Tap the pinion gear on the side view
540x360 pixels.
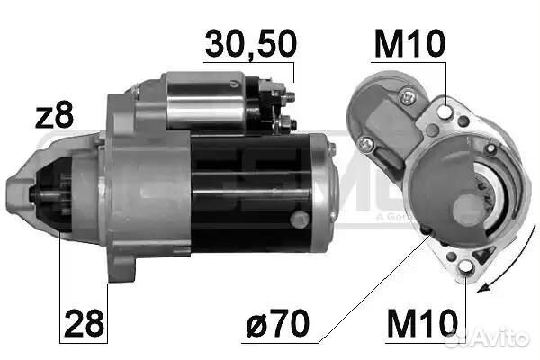54,198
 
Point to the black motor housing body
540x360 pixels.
252,193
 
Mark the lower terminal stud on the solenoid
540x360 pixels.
286,121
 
